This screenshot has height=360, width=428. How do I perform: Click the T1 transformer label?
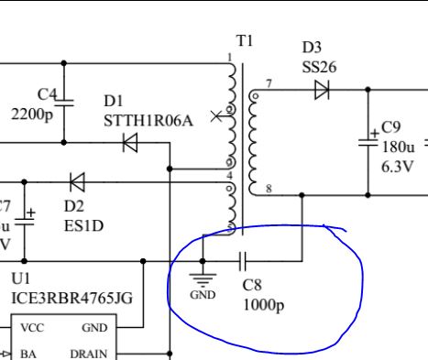245,41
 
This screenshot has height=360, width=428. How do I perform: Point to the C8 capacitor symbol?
243,261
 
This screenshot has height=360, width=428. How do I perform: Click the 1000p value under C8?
263,303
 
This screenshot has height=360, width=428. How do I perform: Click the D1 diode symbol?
130,143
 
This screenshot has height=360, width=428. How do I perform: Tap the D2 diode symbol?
77,181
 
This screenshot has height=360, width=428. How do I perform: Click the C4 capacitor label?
48,94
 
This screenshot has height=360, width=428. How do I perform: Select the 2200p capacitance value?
31,115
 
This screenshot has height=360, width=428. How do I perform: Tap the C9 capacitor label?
391,127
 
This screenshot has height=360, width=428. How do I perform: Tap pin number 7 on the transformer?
269,84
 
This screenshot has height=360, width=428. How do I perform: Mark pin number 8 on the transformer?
269,190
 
